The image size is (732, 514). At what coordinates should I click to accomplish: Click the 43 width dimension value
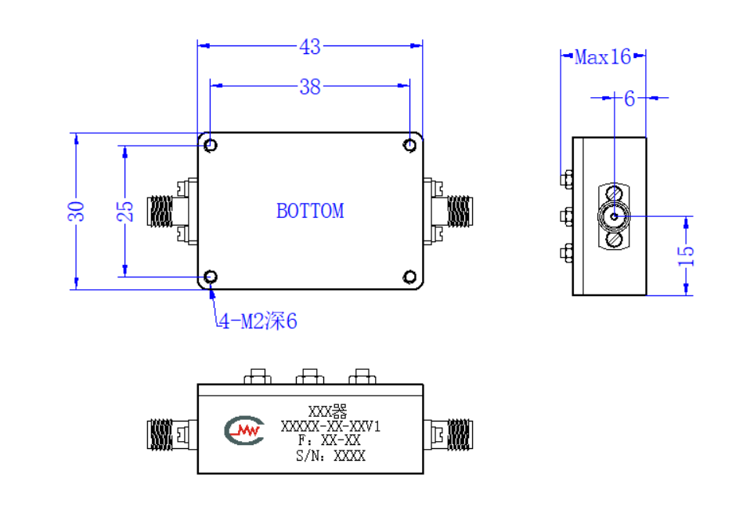tap(310, 47)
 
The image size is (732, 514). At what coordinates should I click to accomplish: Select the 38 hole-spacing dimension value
tap(310, 87)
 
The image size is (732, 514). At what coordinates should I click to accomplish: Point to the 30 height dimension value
tap(76, 212)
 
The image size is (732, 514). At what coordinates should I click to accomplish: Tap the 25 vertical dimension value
tap(124, 212)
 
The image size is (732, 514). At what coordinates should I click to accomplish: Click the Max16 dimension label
tap(603, 57)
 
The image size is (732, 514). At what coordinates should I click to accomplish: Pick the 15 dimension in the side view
tap(686, 255)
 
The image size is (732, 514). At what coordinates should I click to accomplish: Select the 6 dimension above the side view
tap(629, 99)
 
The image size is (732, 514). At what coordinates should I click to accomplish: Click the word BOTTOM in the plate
tap(310, 212)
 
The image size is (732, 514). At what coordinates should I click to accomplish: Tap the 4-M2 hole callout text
tap(258, 321)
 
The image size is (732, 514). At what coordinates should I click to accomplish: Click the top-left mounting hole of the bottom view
tap(211, 145)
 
